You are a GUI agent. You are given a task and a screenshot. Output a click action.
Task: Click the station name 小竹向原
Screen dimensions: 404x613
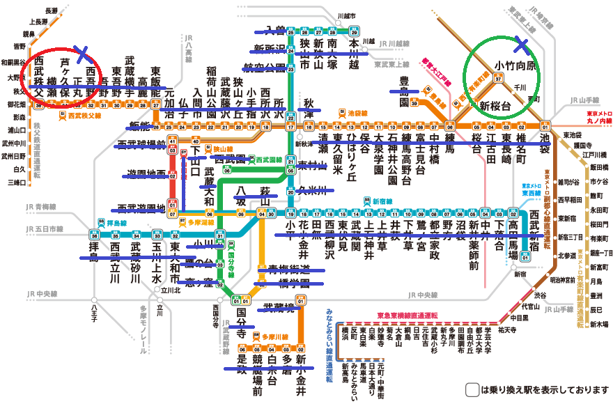(515, 65)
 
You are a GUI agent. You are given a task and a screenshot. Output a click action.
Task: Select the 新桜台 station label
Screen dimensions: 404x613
(495, 106)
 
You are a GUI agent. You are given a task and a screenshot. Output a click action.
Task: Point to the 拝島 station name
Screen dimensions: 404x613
(94, 257)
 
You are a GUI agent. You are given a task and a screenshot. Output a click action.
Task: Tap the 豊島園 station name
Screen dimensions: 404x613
(404, 91)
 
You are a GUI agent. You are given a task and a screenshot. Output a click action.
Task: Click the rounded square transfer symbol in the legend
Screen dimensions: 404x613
(472, 389)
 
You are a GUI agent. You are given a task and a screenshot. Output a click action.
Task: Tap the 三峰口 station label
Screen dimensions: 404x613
(14, 182)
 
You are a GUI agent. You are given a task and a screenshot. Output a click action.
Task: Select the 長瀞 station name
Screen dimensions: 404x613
(51, 11)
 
